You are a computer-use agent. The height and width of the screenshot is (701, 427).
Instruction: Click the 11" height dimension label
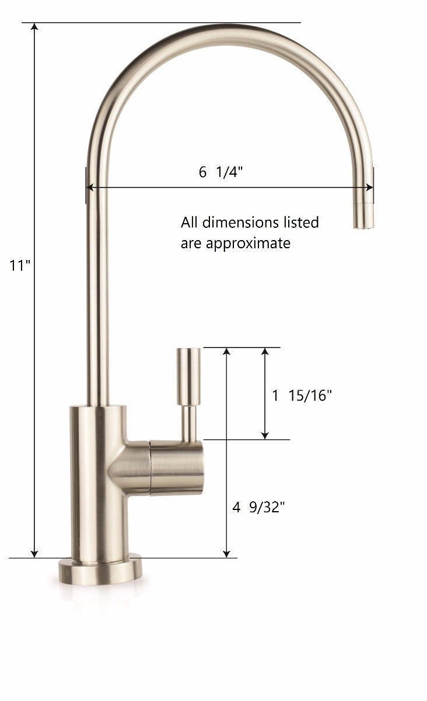tap(20, 266)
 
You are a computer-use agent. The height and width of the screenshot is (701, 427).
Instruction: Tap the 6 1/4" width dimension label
tap(221, 172)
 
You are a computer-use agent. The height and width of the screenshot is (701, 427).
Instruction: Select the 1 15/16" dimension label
tap(302, 395)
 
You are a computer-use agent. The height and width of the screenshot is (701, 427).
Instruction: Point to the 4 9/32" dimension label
tap(259, 507)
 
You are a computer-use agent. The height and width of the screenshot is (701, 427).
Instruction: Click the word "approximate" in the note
tap(248, 244)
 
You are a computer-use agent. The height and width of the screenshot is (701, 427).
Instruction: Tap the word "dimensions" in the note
tap(240, 223)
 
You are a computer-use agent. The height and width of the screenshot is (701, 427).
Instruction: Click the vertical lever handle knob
tap(188, 376)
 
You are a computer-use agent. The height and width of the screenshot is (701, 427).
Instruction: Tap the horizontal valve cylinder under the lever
tap(177, 468)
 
